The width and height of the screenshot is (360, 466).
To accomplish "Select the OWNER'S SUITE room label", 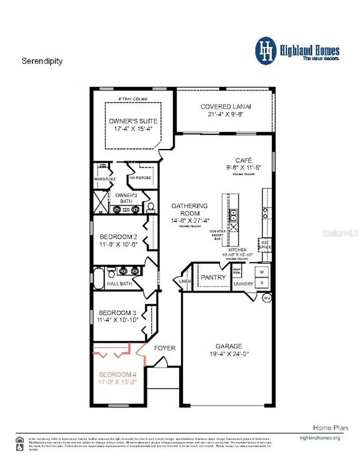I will click(x=133, y=121).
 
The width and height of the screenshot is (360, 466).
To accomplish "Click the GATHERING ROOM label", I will click(x=189, y=206).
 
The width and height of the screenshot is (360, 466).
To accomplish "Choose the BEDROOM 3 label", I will click(x=115, y=312).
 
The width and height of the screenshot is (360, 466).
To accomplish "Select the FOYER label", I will click(x=164, y=348).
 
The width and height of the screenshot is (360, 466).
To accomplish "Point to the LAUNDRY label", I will click(x=243, y=284).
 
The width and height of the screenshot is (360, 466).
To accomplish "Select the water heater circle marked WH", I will click(x=266, y=298).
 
